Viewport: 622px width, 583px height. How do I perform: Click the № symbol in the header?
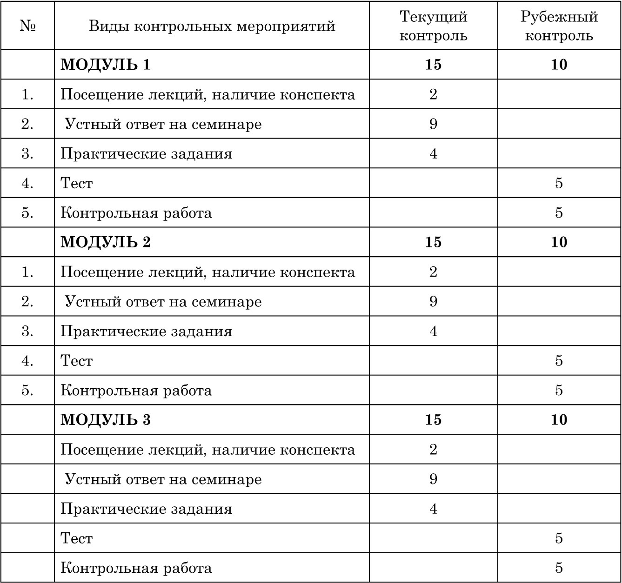coord(28,26)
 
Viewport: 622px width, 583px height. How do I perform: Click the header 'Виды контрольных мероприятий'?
coord(212,26)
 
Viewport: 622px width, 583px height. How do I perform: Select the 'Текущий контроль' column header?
coord(433,26)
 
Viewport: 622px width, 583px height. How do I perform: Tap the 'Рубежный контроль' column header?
coord(559,26)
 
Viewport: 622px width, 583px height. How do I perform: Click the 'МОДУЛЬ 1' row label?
coord(106,65)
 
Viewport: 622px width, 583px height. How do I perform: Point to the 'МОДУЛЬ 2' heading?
coord(106,242)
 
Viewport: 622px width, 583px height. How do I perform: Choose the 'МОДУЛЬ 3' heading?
coord(106,420)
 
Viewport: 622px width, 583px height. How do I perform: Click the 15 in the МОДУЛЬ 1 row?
coord(433,65)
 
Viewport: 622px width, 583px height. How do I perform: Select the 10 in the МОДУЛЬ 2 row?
coord(559,242)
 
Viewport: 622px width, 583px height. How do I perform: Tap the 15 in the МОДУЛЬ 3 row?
coord(433,420)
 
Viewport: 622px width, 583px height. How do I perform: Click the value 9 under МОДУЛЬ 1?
coord(433,124)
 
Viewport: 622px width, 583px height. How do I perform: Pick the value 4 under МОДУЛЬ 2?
coord(433,331)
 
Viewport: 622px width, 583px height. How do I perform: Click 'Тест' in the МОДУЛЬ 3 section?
coord(77,538)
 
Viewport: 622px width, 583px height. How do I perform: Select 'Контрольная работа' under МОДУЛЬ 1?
coord(136,213)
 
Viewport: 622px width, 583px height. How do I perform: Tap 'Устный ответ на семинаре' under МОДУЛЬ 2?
coord(163,302)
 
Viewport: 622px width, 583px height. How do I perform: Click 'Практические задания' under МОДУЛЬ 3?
coord(146,509)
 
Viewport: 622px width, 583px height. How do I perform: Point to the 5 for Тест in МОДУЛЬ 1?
coord(559,183)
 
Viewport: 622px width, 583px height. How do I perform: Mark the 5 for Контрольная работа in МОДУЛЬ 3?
coord(559,568)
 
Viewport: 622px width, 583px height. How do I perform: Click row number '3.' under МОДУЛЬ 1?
coord(28,153)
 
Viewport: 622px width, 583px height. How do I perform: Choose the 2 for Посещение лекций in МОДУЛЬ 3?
coord(433,450)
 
